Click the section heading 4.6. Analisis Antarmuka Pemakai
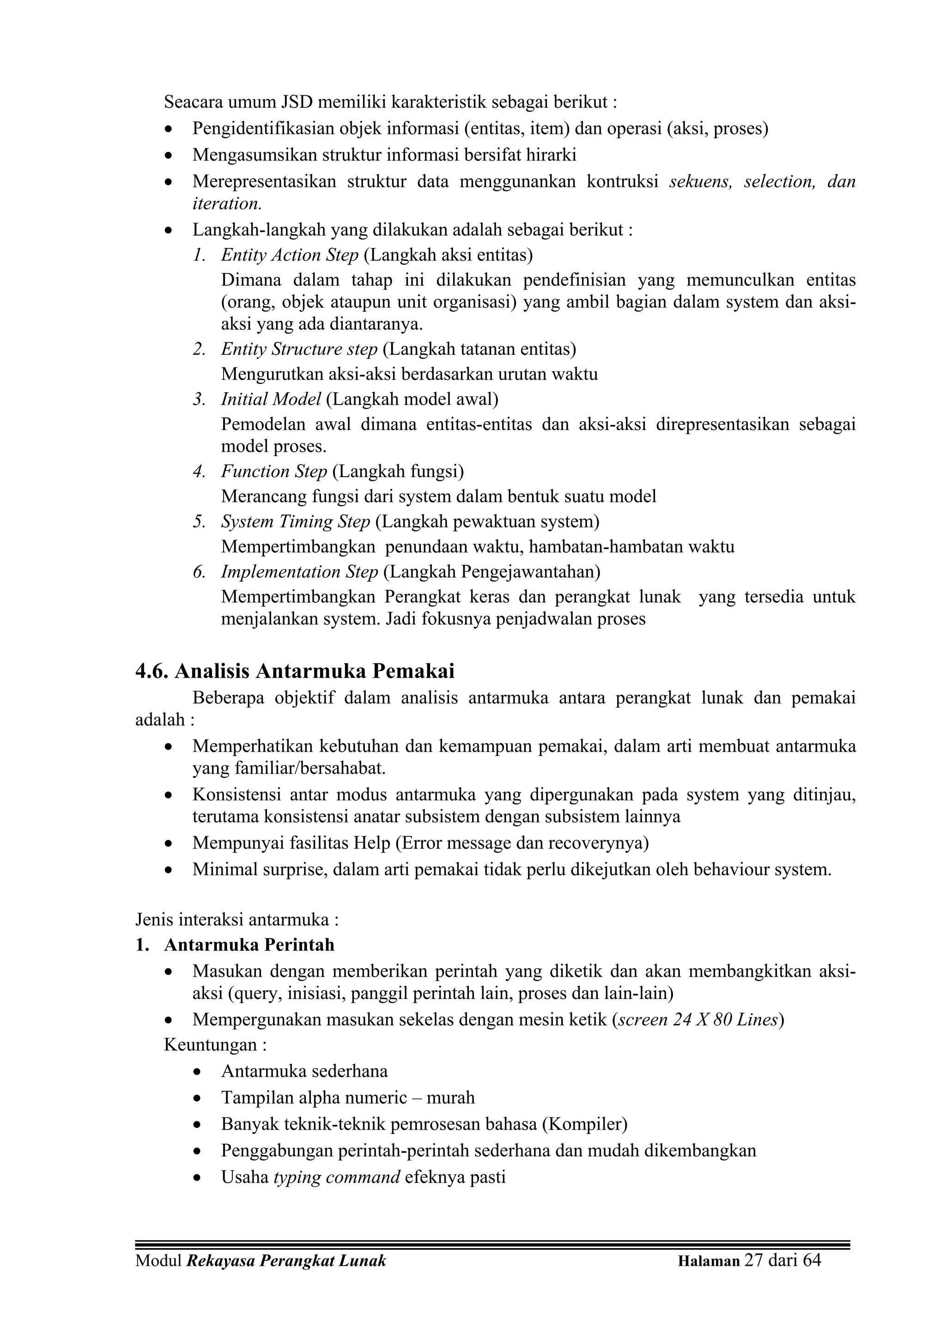[x=295, y=672]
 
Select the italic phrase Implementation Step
[x=300, y=572]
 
